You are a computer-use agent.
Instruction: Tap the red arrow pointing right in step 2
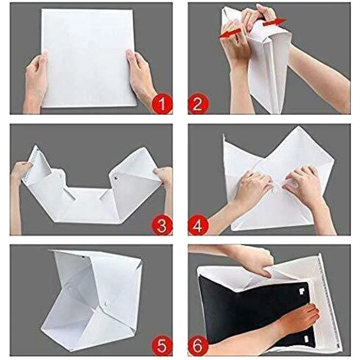click(274, 22)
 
